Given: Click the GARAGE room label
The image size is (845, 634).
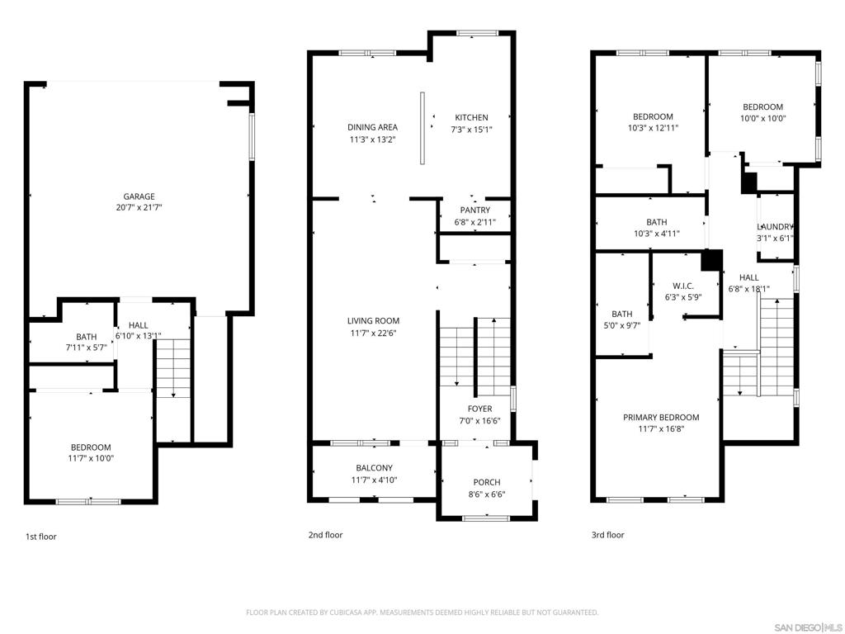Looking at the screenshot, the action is click(139, 196).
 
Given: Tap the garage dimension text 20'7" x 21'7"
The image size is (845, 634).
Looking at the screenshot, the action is click(139, 207).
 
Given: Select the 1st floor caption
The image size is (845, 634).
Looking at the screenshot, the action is click(41, 537).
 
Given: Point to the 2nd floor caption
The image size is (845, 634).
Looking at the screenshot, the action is click(325, 535).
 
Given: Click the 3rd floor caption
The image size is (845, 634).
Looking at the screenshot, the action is click(608, 535).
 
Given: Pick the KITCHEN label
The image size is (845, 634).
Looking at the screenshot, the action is click(471, 117).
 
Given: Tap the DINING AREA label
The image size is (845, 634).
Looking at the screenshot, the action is click(372, 127).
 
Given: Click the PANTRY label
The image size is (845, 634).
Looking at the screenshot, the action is click(475, 211).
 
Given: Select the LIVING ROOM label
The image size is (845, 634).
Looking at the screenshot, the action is click(374, 321).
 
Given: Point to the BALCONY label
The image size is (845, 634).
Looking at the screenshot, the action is click(374, 468).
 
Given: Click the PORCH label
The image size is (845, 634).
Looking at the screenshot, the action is click(487, 482).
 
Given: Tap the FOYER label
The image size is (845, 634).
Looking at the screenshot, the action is click(479, 409).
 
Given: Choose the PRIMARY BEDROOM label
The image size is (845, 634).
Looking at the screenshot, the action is click(661, 417).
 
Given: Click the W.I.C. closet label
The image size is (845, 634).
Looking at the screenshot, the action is click(683, 286).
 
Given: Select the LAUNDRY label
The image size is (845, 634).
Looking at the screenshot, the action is click(775, 227).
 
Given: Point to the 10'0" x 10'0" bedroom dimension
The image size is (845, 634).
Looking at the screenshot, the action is click(763, 119).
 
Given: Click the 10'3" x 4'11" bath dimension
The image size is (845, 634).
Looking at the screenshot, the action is click(656, 234).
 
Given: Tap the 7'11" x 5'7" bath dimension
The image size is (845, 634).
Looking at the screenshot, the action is click(86, 348).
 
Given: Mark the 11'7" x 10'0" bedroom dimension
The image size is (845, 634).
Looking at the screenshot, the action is click(91, 458).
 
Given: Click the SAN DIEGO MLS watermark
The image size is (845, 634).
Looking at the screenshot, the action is click(808, 627).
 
